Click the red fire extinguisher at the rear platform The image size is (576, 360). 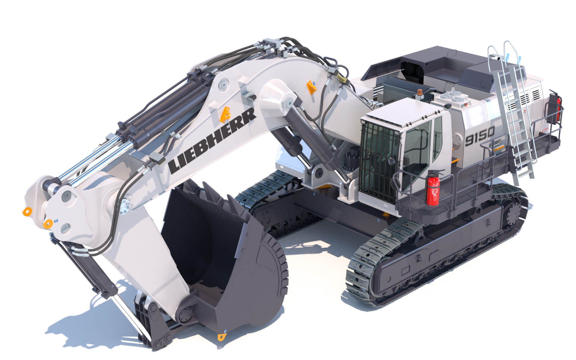click(558, 108)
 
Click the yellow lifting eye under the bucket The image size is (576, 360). click(221, 337)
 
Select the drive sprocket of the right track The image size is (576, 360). click(513, 212)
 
